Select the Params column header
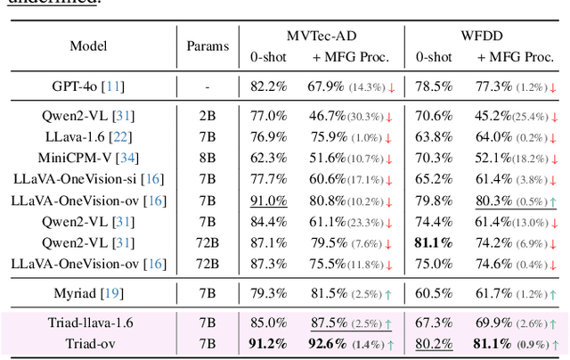[207, 46]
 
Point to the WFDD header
[484, 37]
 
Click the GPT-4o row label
[85, 86]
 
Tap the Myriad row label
[85, 292]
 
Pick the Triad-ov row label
[85, 342]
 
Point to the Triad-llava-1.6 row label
[85, 323]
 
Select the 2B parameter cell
[207, 116]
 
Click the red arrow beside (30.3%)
[388, 117]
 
